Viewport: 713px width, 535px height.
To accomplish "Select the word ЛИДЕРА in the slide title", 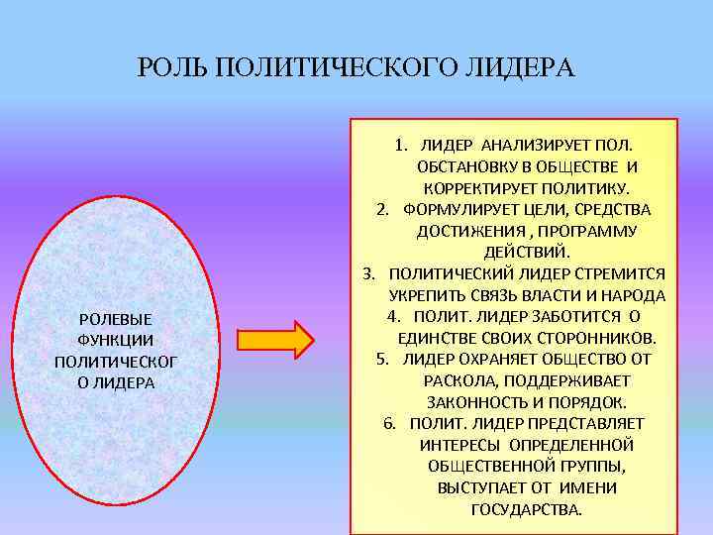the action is pos(526,68).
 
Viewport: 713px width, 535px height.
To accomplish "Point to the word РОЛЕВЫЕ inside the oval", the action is pos(115,319).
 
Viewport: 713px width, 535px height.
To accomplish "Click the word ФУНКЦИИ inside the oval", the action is pos(115,340).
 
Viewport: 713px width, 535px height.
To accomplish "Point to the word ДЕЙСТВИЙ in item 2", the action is pos(526,252).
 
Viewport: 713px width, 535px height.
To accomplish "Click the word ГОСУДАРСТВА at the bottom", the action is pos(526,509).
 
